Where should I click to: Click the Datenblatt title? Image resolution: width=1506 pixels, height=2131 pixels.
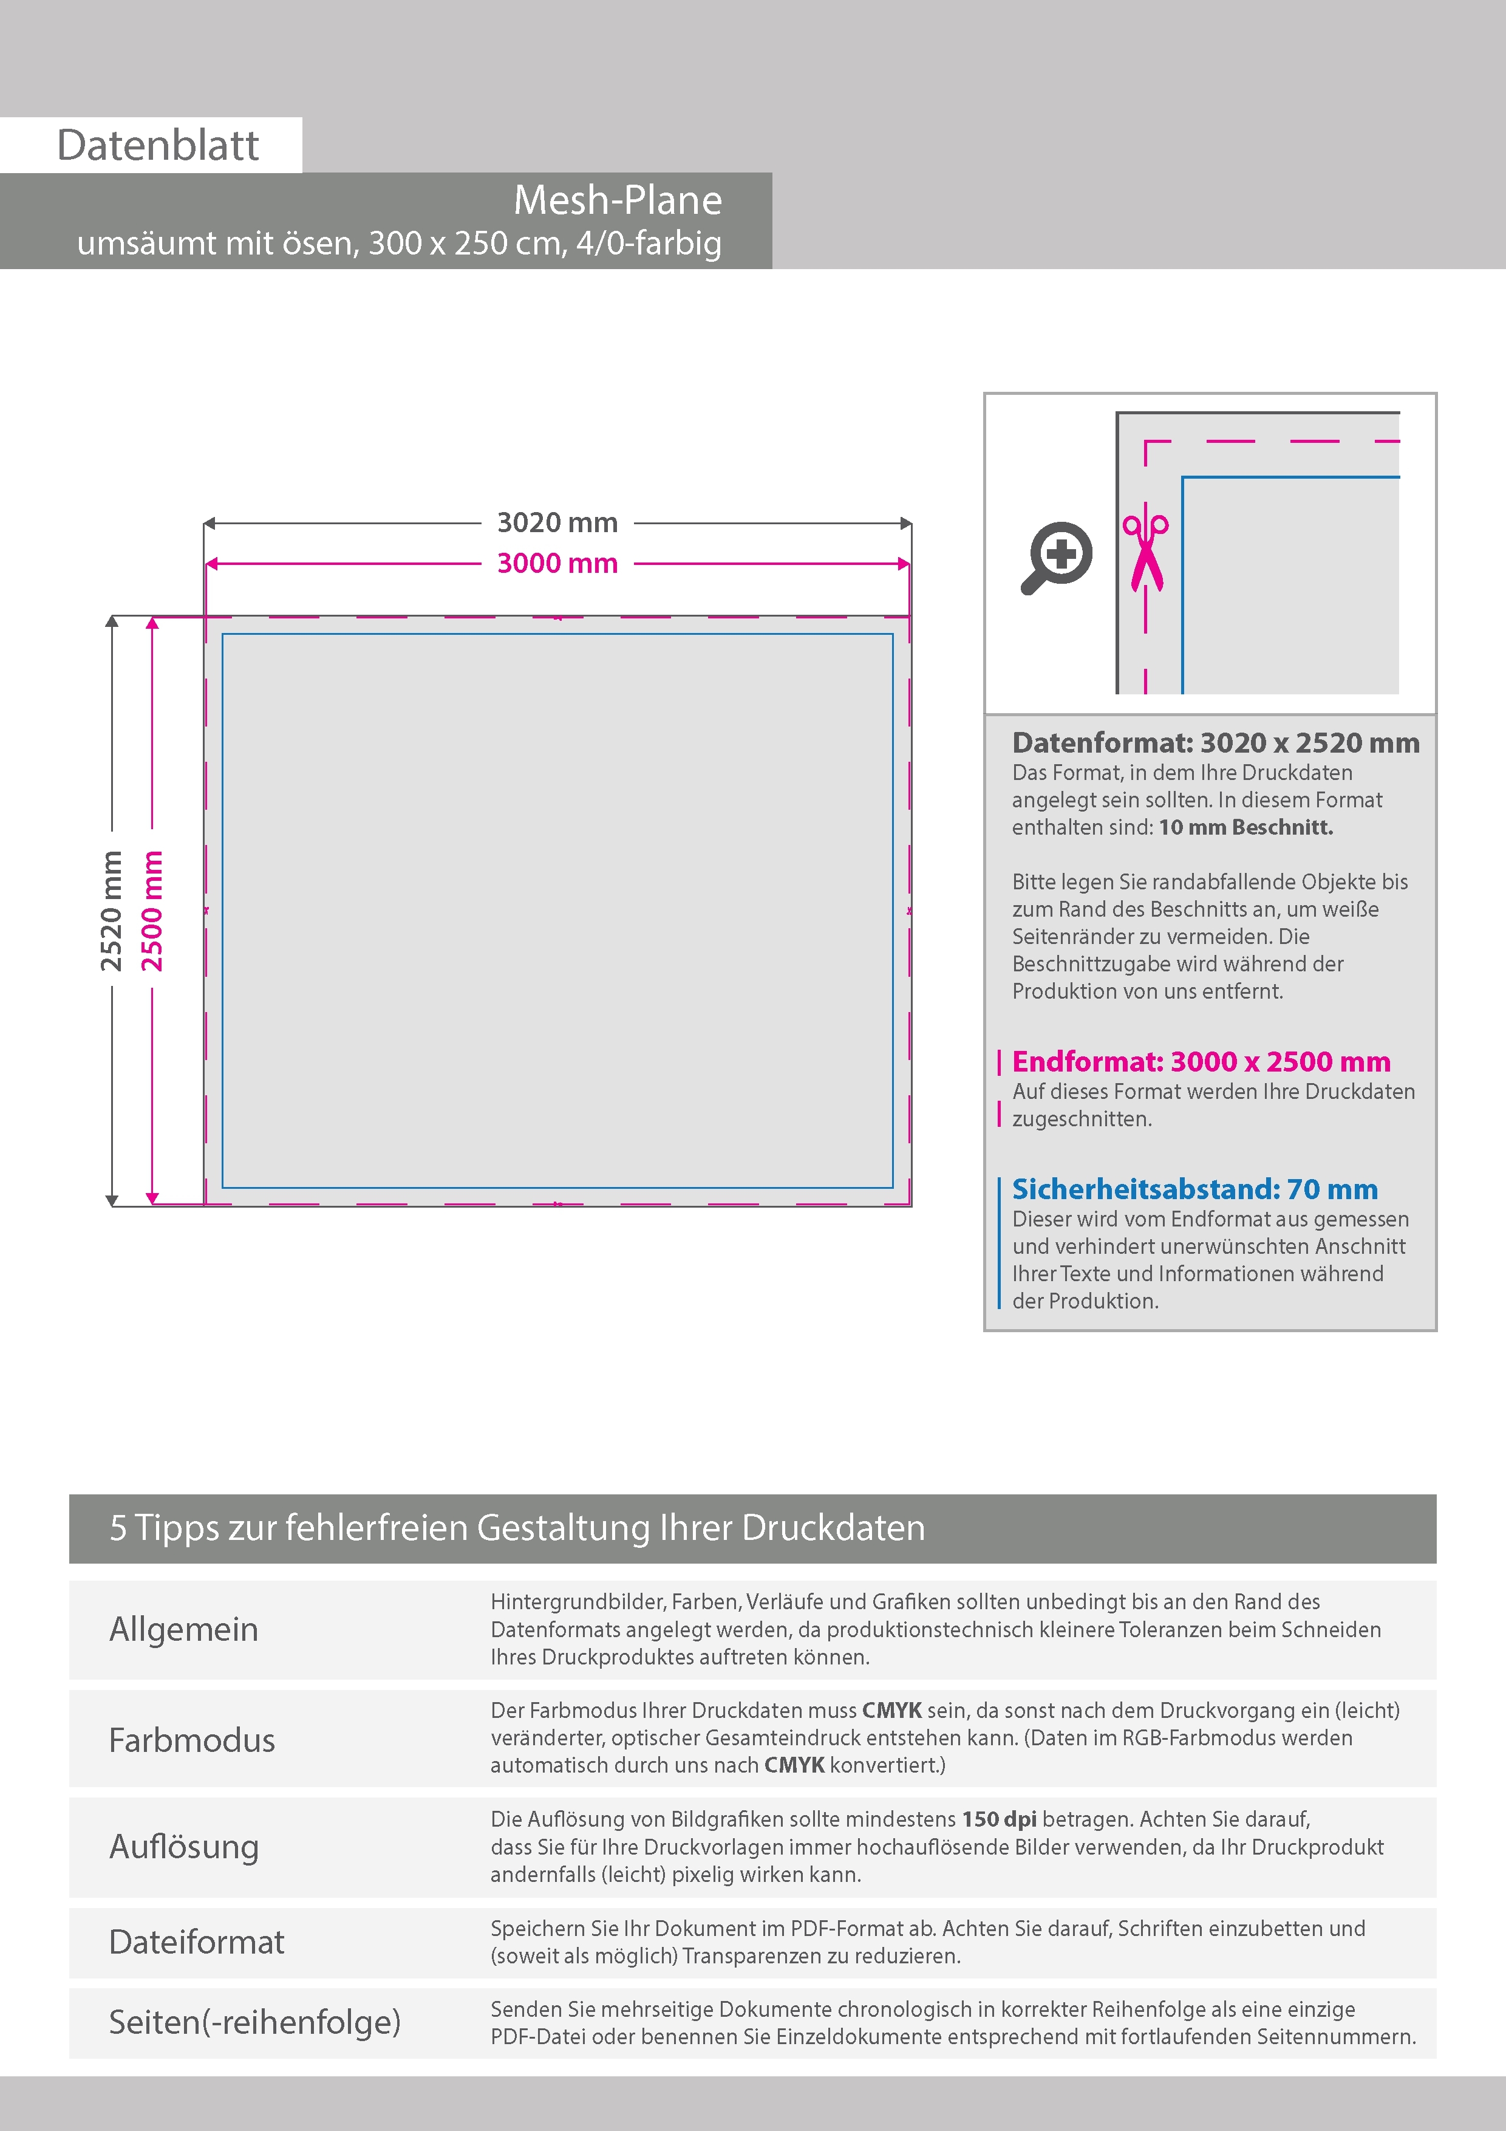[158, 145]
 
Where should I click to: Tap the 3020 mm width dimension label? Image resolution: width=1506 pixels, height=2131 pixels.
[557, 522]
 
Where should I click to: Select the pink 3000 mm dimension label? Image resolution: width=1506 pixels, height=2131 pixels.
[557, 563]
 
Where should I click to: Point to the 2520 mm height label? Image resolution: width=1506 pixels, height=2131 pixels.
[111, 911]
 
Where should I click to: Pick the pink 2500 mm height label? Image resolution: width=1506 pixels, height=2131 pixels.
[152, 911]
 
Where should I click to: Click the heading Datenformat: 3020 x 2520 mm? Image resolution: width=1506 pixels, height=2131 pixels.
[1216, 742]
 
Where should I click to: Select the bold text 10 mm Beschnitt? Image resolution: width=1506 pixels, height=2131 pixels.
[1245, 827]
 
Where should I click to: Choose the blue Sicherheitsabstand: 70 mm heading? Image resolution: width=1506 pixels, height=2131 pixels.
[1194, 1189]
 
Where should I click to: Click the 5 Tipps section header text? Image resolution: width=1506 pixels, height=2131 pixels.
[517, 1528]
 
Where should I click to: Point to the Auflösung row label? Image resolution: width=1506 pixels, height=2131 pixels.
[184, 1846]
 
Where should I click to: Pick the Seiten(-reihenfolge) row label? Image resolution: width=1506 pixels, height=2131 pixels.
[254, 2022]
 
